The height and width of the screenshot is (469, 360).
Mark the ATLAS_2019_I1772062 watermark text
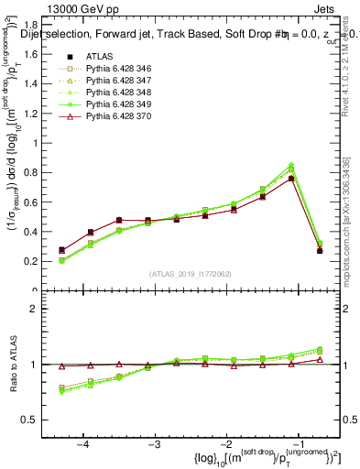(x=191, y=274)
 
